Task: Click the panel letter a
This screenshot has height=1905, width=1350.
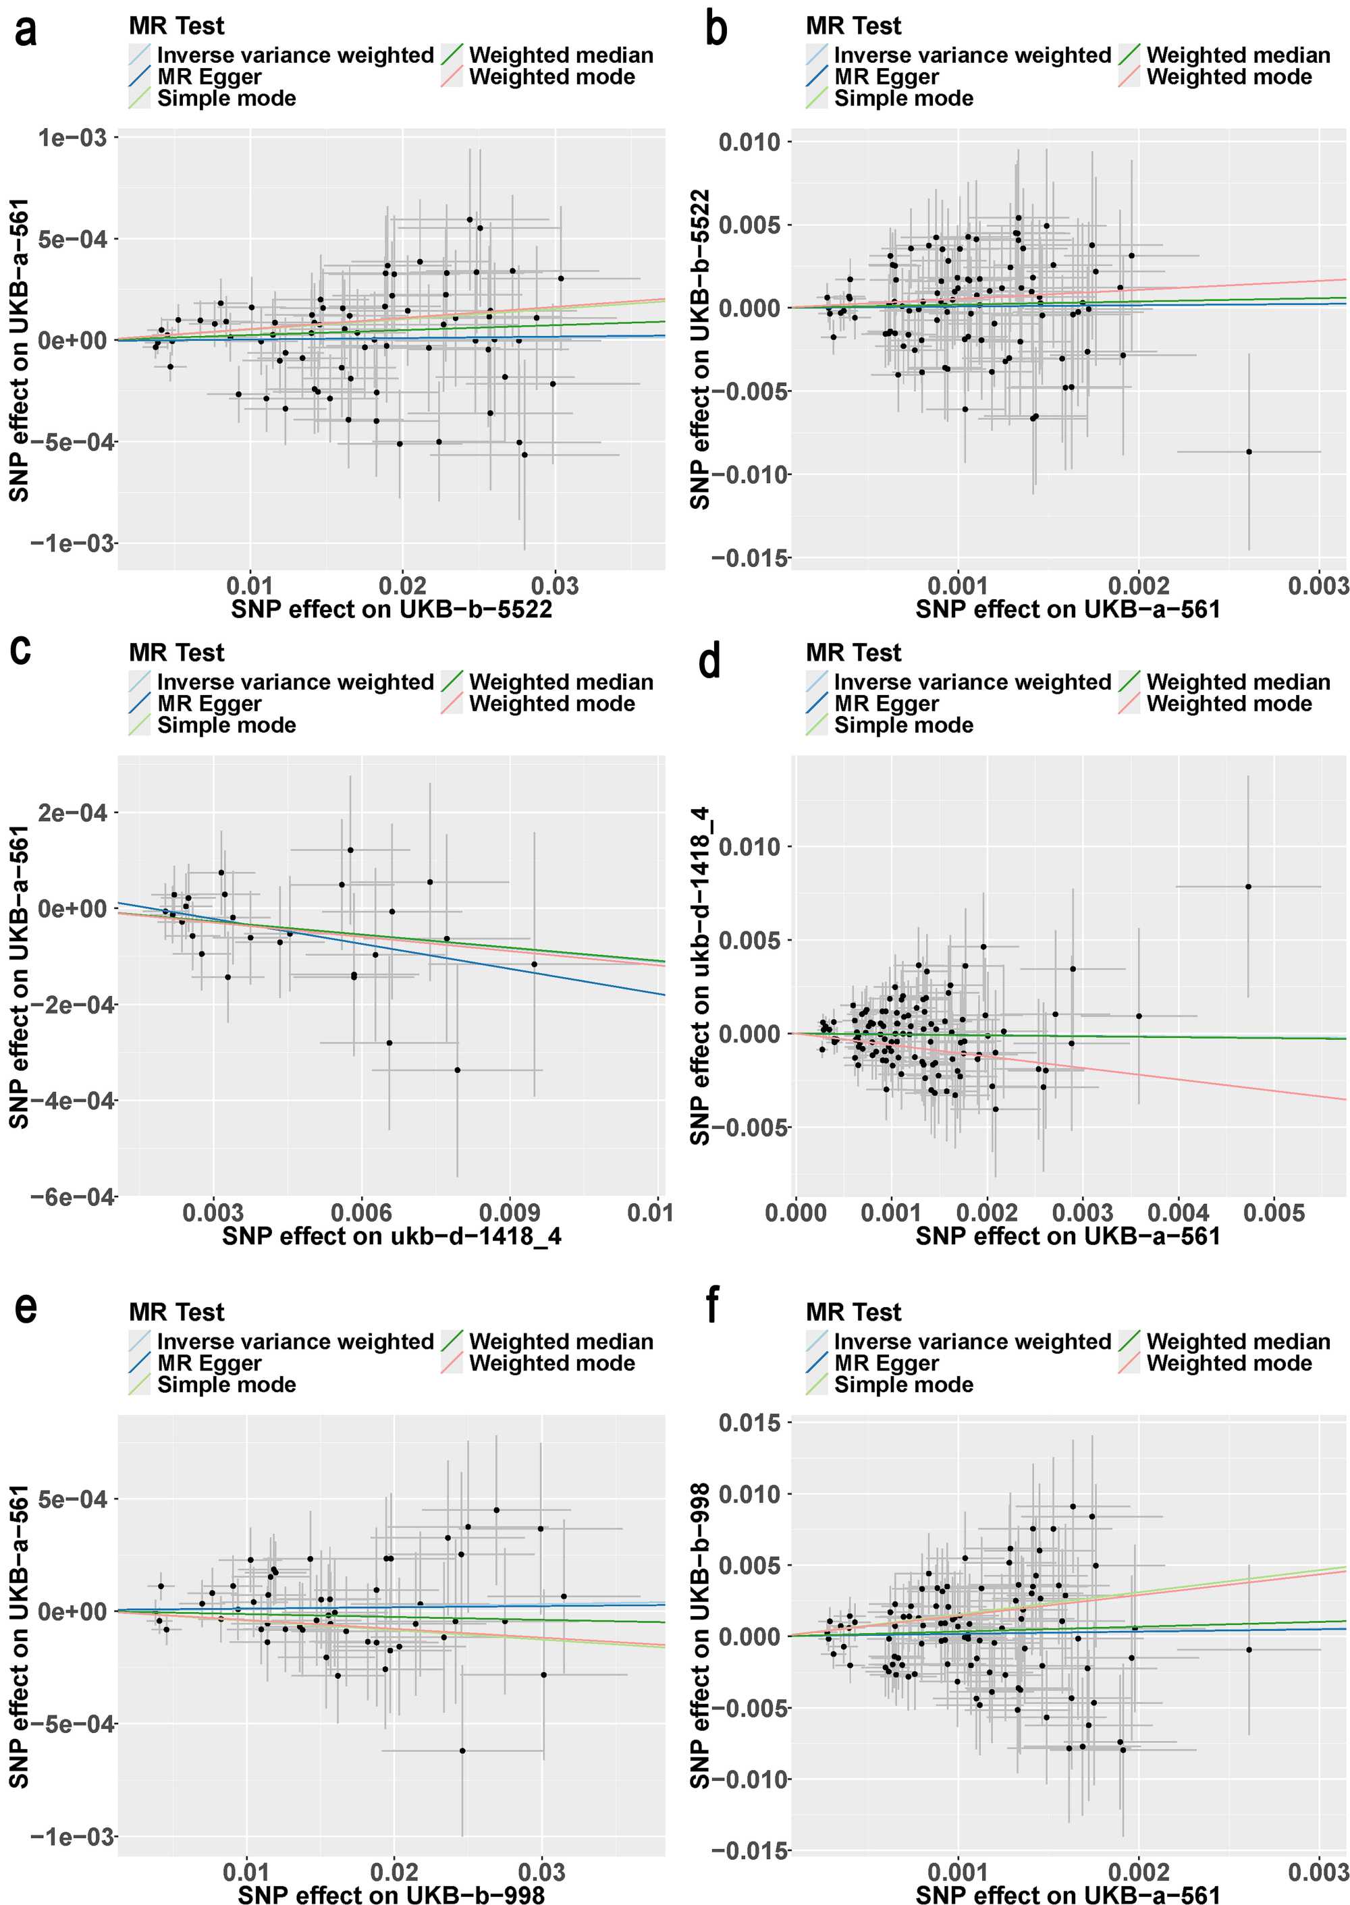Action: point(26,32)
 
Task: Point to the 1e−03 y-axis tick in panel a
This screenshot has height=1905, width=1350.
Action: point(73,137)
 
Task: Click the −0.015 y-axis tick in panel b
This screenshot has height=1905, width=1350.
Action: point(749,557)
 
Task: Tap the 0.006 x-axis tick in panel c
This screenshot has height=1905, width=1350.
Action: point(362,1213)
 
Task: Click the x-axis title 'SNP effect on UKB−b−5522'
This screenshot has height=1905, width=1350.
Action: point(391,609)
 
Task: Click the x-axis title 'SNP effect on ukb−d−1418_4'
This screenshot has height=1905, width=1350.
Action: point(391,1236)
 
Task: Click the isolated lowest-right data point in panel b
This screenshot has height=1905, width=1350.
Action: point(1249,452)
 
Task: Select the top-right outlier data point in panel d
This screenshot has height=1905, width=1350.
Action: point(1248,887)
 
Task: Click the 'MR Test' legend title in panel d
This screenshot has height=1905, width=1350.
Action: point(853,653)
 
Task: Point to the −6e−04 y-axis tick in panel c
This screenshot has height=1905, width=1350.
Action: point(73,1197)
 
